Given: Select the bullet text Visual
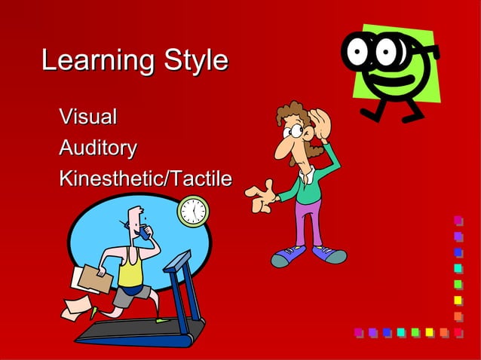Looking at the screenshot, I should pyautogui.click(x=88, y=117).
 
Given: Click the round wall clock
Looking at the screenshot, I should pyautogui.click(x=193, y=212).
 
